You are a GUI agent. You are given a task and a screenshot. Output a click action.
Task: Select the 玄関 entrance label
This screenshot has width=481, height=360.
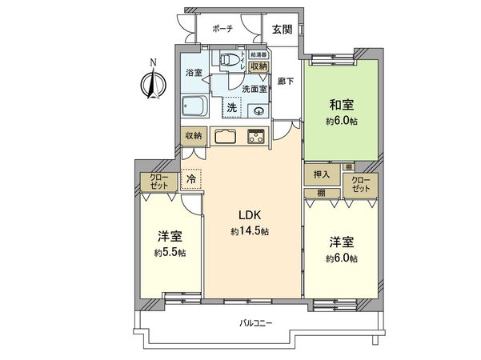[281, 29]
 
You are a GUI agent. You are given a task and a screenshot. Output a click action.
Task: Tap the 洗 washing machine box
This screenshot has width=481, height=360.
[230, 106]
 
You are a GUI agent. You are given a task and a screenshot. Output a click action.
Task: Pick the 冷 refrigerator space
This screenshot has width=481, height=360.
[190, 180]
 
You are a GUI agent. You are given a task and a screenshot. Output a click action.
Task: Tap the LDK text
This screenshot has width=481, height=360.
[245, 215]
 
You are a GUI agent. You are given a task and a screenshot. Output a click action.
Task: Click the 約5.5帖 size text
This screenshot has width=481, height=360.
[170, 253]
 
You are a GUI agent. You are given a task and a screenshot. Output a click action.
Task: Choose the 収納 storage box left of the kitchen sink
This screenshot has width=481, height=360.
[193, 135]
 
